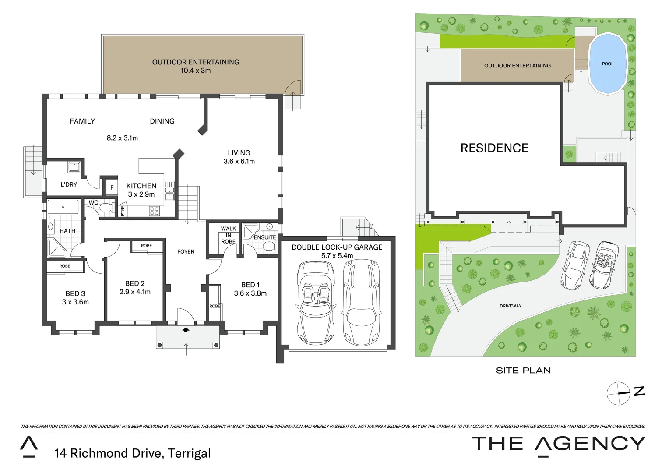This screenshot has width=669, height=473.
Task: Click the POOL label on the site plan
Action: (x=607, y=64)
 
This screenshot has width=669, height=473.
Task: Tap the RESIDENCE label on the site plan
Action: (x=494, y=148)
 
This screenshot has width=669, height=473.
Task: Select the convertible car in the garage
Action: (x=315, y=302)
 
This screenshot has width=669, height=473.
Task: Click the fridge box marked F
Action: (x=112, y=187)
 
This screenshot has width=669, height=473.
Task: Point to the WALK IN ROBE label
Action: (x=228, y=235)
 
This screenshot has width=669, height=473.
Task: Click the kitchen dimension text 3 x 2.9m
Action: (x=141, y=194)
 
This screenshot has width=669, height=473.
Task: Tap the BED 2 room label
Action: (x=134, y=283)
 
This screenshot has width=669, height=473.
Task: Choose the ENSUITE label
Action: (x=265, y=237)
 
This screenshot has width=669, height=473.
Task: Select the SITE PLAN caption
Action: (x=523, y=371)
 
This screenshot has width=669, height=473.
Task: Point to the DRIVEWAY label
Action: (x=511, y=306)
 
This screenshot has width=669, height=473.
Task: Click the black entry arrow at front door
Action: (x=186, y=330)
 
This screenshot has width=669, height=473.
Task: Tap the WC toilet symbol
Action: (x=106, y=208)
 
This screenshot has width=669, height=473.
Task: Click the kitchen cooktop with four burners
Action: (x=155, y=211)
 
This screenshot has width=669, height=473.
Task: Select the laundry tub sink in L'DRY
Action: (x=74, y=167)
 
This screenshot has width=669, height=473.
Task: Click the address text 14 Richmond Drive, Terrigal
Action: (x=132, y=453)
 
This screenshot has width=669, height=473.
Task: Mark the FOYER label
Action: (x=186, y=252)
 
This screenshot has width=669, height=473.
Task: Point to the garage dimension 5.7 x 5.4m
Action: (x=337, y=256)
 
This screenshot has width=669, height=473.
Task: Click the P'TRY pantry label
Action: (x=123, y=211)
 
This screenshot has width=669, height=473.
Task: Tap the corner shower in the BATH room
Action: (x=56, y=248)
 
